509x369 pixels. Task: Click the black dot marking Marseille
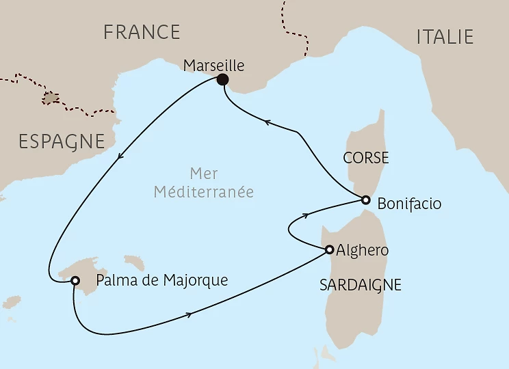[222, 80]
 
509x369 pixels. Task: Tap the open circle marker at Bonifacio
[366, 200]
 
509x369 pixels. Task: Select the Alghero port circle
[329, 249]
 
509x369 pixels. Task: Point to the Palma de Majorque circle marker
[75, 280]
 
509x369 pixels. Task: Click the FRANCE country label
[142, 32]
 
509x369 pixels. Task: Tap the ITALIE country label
[445, 37]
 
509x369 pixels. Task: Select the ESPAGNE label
[62, 141]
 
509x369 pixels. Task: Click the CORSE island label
[366, 159]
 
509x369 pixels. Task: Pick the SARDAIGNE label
[361, 285]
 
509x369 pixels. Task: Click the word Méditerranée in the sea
[203, 193]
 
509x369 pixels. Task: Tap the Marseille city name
[214, 66]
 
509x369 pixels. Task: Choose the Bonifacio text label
[409, 204]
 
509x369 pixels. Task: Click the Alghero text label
[363, 250]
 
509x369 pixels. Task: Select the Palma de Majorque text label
[161, 280]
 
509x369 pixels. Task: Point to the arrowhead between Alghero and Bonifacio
[302, 215]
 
